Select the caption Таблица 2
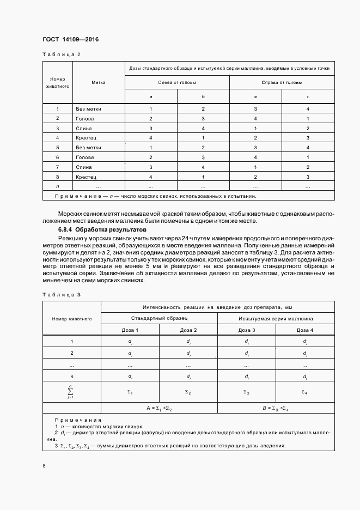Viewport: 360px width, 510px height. pyautogui.click(x=61, y=54)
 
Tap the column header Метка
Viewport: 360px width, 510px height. pyautogui.click(x=99, y=82)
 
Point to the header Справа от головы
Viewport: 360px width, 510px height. pyautogui.click(x=282, y=82)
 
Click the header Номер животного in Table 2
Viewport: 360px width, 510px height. pyautogui.click(x=57, y=82)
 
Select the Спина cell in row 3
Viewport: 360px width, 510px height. pyautogui.click(x=84, y=128)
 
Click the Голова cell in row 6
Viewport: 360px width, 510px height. pyautogui.click(x=86, y=157)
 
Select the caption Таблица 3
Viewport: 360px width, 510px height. pyautogui.click(x=61, y=294)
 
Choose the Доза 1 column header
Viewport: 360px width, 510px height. pyautogui.click(x=130, y=330)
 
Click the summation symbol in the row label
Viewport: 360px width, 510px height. pyautogui.click(x=71, y=391)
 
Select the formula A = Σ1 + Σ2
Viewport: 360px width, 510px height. pyautogui.click(x=159, y=408)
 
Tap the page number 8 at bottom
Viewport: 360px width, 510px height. pyautogui.click(x=44, y=466)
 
